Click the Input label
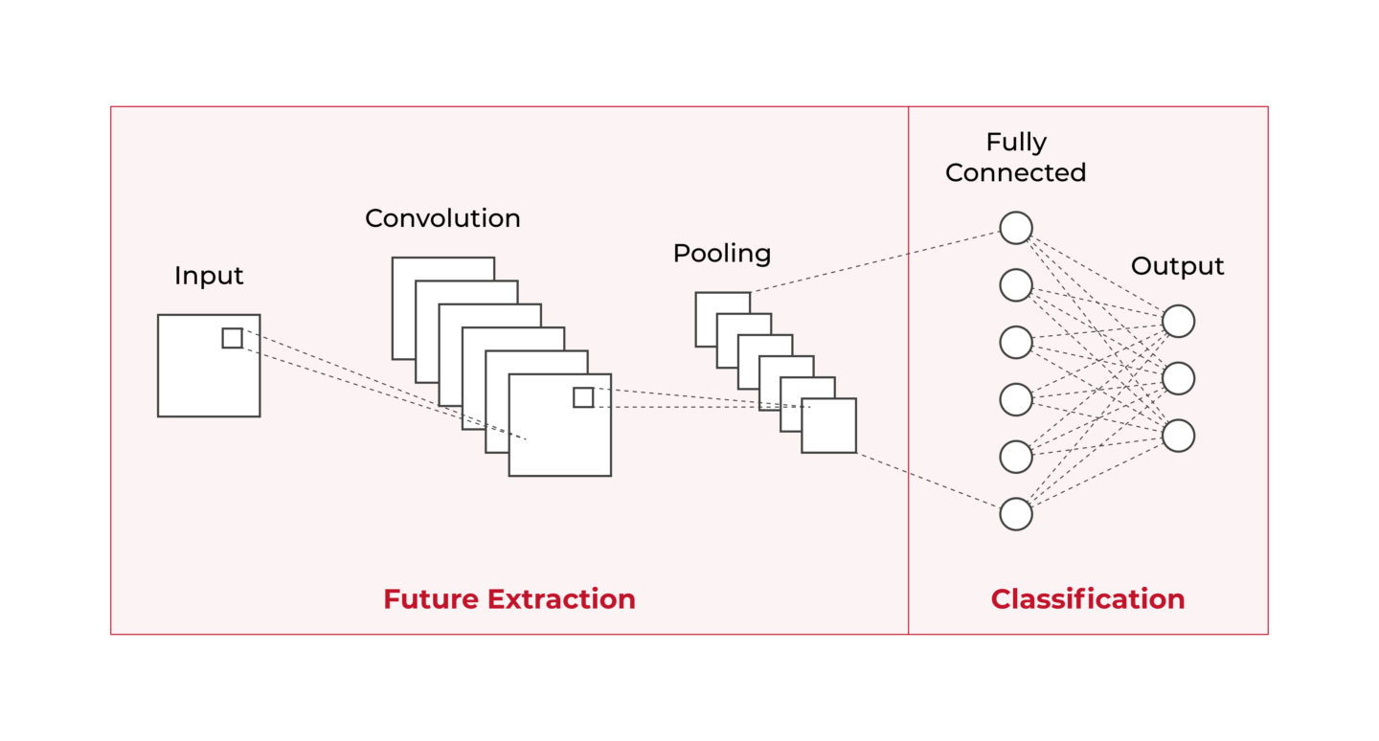[x=209, y=276]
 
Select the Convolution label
[x=442, y=218]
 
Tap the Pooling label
[x=721, y=254]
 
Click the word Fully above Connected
[x=1016, y=143]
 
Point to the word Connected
[x=1016, y=173]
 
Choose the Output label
[x=1177, y=266]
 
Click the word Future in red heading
[x=431, y=599]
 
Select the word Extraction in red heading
[x=561, y=599]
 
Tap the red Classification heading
[x=1087, y=599]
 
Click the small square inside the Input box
[x=232, y=338]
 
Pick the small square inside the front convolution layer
[x=583, y=397]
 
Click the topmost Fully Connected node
[x=1016, y=228]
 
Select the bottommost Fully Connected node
[x=1016, y=514]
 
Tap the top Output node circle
[x=1178, y=322]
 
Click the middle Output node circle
[x=1178, y=379]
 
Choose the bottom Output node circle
[x=1178, y=436]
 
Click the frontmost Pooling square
[x=829, y=426]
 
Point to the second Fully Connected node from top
[x=1016, y=285]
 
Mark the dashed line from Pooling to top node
[x=876, y=260]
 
